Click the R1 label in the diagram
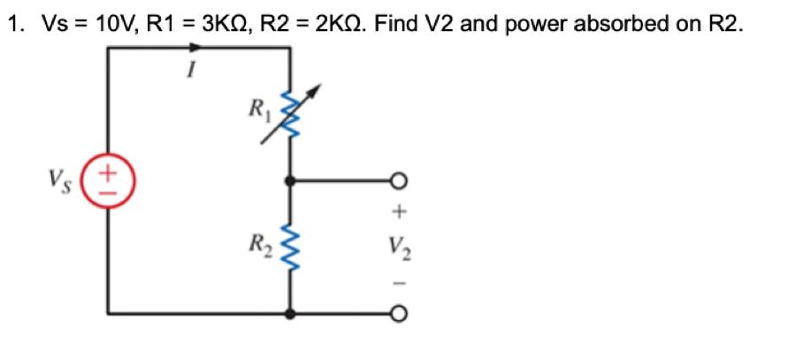(257, 110)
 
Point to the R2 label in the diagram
(257, 241)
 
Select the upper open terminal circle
(402, 180)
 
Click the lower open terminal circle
(402, 313)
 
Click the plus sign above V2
(401, 212)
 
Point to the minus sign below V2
(401, 283)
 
